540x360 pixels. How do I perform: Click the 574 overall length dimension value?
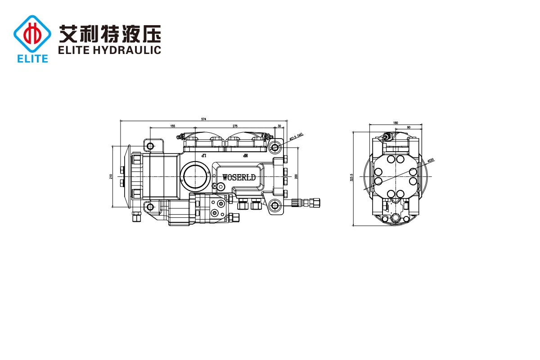(x=203, y=119)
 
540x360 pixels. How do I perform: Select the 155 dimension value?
(x=173, y=126)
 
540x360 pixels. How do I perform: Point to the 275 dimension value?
(x=235, y=126)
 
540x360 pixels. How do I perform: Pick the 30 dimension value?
(x=279, y=126)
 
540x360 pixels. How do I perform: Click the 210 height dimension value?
(x=111, y=176)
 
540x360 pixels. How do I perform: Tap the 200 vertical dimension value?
(x=296, y=176)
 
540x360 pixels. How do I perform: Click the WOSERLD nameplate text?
(x=239, y=177)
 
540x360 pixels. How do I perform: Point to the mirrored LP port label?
(x=203, y=155)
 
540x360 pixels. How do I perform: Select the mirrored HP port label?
(x=245, y=155)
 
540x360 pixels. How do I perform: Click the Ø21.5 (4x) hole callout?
(x=297, y=136)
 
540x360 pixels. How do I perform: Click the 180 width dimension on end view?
(x=396, y=122)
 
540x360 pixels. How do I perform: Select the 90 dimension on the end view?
(x=409, y=127)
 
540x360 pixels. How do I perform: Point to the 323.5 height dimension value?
(x=352, y=178)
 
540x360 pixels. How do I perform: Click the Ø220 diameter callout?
(x=430, y=160)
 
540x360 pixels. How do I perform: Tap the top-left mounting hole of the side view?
(x=150, y=146)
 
